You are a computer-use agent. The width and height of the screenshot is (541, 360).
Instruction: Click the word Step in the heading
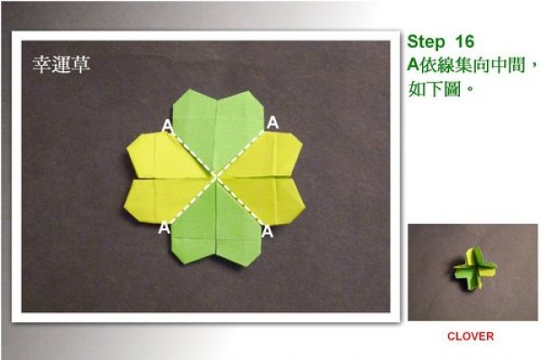click(x=426, y=42)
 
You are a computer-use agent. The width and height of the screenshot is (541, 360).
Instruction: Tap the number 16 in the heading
click(x=464, y=42)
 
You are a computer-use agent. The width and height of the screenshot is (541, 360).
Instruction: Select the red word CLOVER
click(x=471, y=337)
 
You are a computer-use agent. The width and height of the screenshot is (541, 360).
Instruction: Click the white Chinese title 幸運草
click(x=61, y=64)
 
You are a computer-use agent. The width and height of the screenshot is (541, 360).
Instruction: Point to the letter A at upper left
click(x=168, y=125)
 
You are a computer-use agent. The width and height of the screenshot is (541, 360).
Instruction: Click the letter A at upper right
click(x=272, y=122)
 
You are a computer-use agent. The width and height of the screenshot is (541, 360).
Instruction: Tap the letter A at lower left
click(x=164, y=227)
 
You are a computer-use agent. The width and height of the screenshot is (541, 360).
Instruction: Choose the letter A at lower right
click(x=268, y=231)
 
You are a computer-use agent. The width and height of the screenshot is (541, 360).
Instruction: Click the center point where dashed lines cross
click(x=216, y=178)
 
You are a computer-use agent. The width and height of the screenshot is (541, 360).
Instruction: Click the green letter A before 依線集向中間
click(x=414, y=65)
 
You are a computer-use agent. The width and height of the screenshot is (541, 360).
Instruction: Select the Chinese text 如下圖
click(x=435, y=89)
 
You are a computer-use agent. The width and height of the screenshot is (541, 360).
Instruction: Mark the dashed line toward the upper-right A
click(x=241, y=154)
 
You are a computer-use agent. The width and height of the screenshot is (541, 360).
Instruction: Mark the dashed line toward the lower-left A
click(x=193, y=201)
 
